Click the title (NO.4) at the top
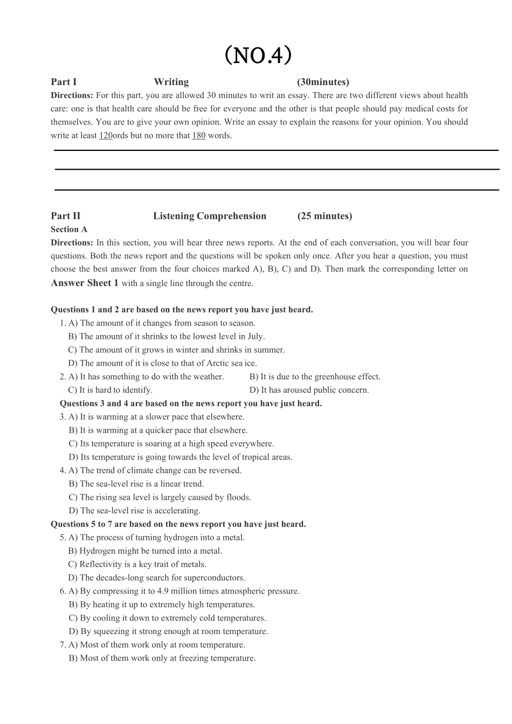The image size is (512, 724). [x=258, y=55]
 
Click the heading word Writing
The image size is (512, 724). [x=171, y=82]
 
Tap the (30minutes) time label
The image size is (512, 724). [x=323, y=82]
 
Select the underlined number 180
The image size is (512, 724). [x=199, y=136]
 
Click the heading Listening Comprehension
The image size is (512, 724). [x=210, y=216]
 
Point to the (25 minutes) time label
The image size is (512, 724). [x=324, y=216]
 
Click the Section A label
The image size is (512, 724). [x=69, y=229]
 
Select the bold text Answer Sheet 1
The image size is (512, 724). [x=85, y=283]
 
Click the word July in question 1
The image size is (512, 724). [x=255, y=337]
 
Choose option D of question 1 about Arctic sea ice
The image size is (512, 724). [x=162, y=364]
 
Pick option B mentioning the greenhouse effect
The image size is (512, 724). [x=315, y=377]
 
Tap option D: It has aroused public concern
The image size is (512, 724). [x=309, y=390]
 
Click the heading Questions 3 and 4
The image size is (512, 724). [x=190, y=403]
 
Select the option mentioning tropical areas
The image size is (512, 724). [x=181, y=457]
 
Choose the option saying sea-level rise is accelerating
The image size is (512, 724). [x=134, y=511]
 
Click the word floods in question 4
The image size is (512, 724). [x=238, y=497]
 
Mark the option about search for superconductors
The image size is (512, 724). [x=156, y=578]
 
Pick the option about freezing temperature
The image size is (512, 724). [x=162, y=658]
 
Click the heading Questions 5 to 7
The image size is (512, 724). [x=178, y=524]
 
